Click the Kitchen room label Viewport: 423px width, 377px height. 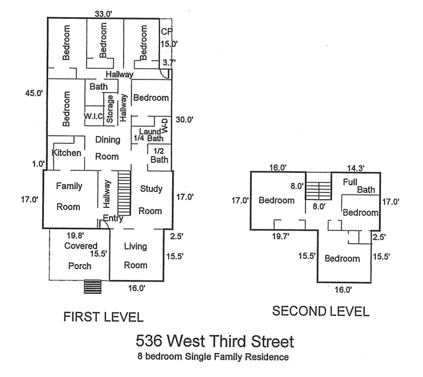click(x=67, y=153)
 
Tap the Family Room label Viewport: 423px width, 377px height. click(x=69, y=196)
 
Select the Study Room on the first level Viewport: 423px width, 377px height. click(x=151, y=200)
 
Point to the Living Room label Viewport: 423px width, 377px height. click(x=135, y=256)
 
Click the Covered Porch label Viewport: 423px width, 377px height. click(x=80, y=256)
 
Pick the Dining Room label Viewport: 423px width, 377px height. click(x=107, y=148)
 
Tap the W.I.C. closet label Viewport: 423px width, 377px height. click(x=93, y=116)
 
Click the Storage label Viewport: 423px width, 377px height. click(x=110, y=109)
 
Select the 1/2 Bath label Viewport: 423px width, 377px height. click(x=159, y=155)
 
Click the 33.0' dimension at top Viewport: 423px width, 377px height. click(x=103, y=14)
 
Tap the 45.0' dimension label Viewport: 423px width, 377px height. click(x=34, y=93)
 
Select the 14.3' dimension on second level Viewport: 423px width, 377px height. click(x=356, y=168)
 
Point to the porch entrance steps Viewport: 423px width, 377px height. click(x=93, y=287)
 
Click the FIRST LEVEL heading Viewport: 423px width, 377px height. click(x=103, y=317)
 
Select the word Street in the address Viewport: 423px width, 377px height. click(x=272, y=341)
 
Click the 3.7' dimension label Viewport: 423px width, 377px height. click(x=169, y=62)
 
